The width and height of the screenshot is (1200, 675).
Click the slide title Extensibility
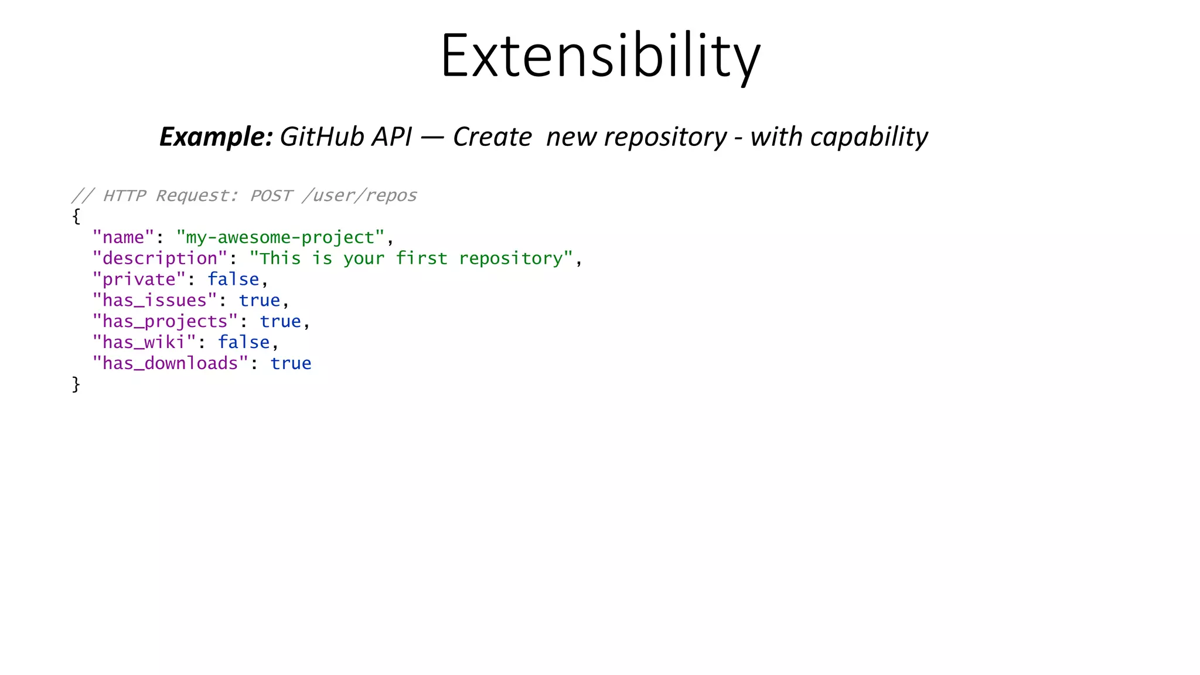pyautogui.click(x=600, y=56)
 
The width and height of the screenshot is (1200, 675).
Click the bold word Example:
pyautogui.click(x=216, y=137)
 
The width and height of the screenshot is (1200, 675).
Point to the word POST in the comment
pyautogui.click(x=271, y=195)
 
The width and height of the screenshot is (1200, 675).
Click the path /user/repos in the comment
pyautogui.click(x=359, y=195)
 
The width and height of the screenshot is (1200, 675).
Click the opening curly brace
pyautogui.click(x=76, y=216)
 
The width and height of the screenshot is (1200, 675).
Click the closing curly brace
pyautogui.click(x=76, y=384)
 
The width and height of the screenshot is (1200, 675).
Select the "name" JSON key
pyautogui.click(x=123, y=237)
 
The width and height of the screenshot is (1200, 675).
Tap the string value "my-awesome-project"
pyautogui.click(x=281, y=237)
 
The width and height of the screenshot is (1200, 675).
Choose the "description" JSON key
pyautogui.click(x=159, y=258)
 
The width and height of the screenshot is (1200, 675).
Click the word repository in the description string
pyautogui.click(x=510, y=258)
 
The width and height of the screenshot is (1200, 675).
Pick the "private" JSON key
pyautogui.click(x=139, y=279)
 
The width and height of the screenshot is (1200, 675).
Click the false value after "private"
pyautogui.click(x=233, y=279)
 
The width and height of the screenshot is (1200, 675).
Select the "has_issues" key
pyautogui.click(x=155, y=301)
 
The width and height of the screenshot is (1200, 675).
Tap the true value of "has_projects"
pyautogui.click(x=280, y=322)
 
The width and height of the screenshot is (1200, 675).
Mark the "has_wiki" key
pyautogui.click(x=144, y=342)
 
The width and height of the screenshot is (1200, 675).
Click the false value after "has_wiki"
pyautogui.click(x=244, y=342)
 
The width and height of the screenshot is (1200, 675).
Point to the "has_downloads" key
pyautogui.click(x=171, y=363)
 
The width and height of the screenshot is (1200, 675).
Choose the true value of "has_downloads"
pyautogui.click(x=291, y=363)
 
